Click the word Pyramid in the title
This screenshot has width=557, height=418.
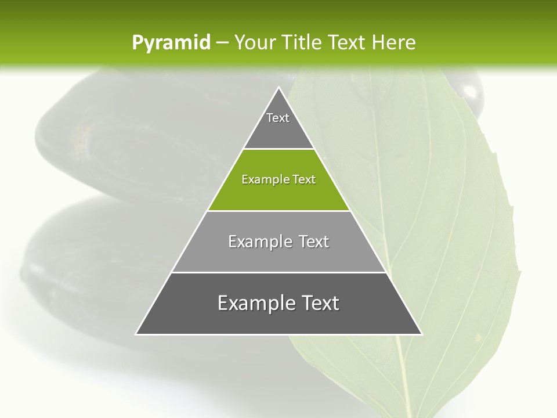click(171, 43)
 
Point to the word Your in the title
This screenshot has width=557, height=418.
click(253, 43)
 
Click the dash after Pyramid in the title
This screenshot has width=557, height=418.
click(222, 43)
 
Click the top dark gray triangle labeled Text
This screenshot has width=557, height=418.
click(278, 125)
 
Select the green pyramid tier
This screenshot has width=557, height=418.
click(278, 189)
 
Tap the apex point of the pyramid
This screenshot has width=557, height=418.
click(278, 88)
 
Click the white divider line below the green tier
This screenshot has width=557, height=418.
click(278, 211)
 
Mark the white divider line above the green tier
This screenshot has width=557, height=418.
click(278, 149)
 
